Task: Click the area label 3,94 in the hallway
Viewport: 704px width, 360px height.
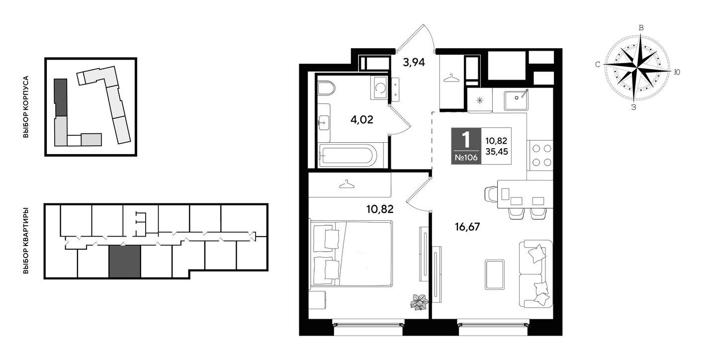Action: pos(414,63)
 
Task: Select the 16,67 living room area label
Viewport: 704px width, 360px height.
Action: pos(467,227)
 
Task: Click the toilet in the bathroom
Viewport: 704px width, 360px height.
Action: pos(326,88)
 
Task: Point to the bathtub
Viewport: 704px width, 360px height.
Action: pos(348,155)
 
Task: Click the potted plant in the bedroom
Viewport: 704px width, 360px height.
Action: pos(419,302)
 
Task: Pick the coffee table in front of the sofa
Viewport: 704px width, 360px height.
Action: pos(495,274)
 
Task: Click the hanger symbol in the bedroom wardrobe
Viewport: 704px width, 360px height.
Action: pos(347,184)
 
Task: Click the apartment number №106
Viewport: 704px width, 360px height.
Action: pos(466,158)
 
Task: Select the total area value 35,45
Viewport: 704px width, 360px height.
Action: pos(497,152)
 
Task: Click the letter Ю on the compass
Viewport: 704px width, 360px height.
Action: pos(677,72)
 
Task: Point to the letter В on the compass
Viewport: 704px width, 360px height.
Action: pos(641,28)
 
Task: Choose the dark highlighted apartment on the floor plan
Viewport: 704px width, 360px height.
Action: pos(125,262)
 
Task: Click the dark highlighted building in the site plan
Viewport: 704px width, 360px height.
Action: pos(61,98)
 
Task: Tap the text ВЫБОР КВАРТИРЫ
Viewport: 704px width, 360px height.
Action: pos(26,241)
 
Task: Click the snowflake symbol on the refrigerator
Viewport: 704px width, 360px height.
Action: pos(480,100)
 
